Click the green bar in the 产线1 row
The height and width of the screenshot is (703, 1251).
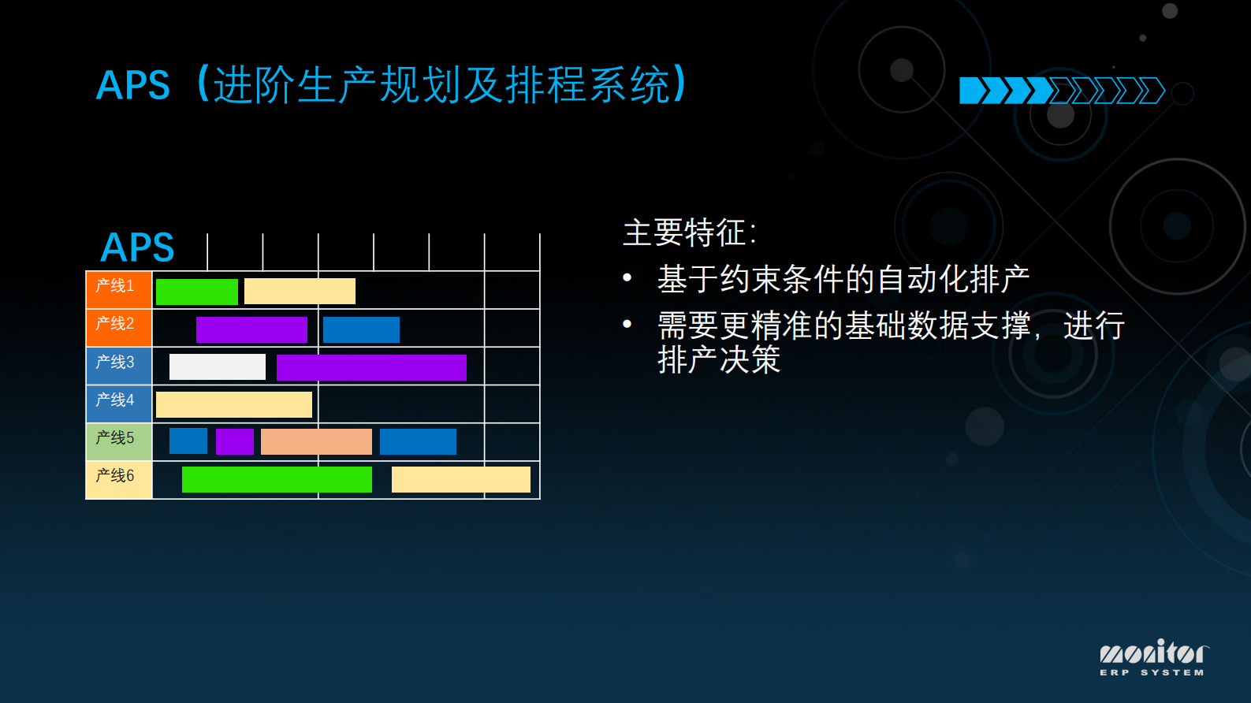click(197, 292)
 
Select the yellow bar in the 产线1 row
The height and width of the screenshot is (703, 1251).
click(300, 291)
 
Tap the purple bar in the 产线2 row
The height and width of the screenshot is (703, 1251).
click(251, 329)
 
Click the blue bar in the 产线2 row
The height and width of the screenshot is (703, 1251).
click(361, 329)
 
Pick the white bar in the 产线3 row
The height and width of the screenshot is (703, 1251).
click(218, 367)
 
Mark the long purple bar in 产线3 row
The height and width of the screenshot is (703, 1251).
click(371, 367)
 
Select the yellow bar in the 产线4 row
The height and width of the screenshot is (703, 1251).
click(234, 404)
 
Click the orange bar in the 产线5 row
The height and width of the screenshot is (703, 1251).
click(316, 441)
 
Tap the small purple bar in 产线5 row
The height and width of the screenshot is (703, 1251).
click(235, 441)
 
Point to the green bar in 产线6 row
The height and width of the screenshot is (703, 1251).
click(277, 479)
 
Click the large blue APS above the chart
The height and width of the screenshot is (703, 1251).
click(137, 247)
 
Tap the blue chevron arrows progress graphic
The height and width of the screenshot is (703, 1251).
click(1061, 91)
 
